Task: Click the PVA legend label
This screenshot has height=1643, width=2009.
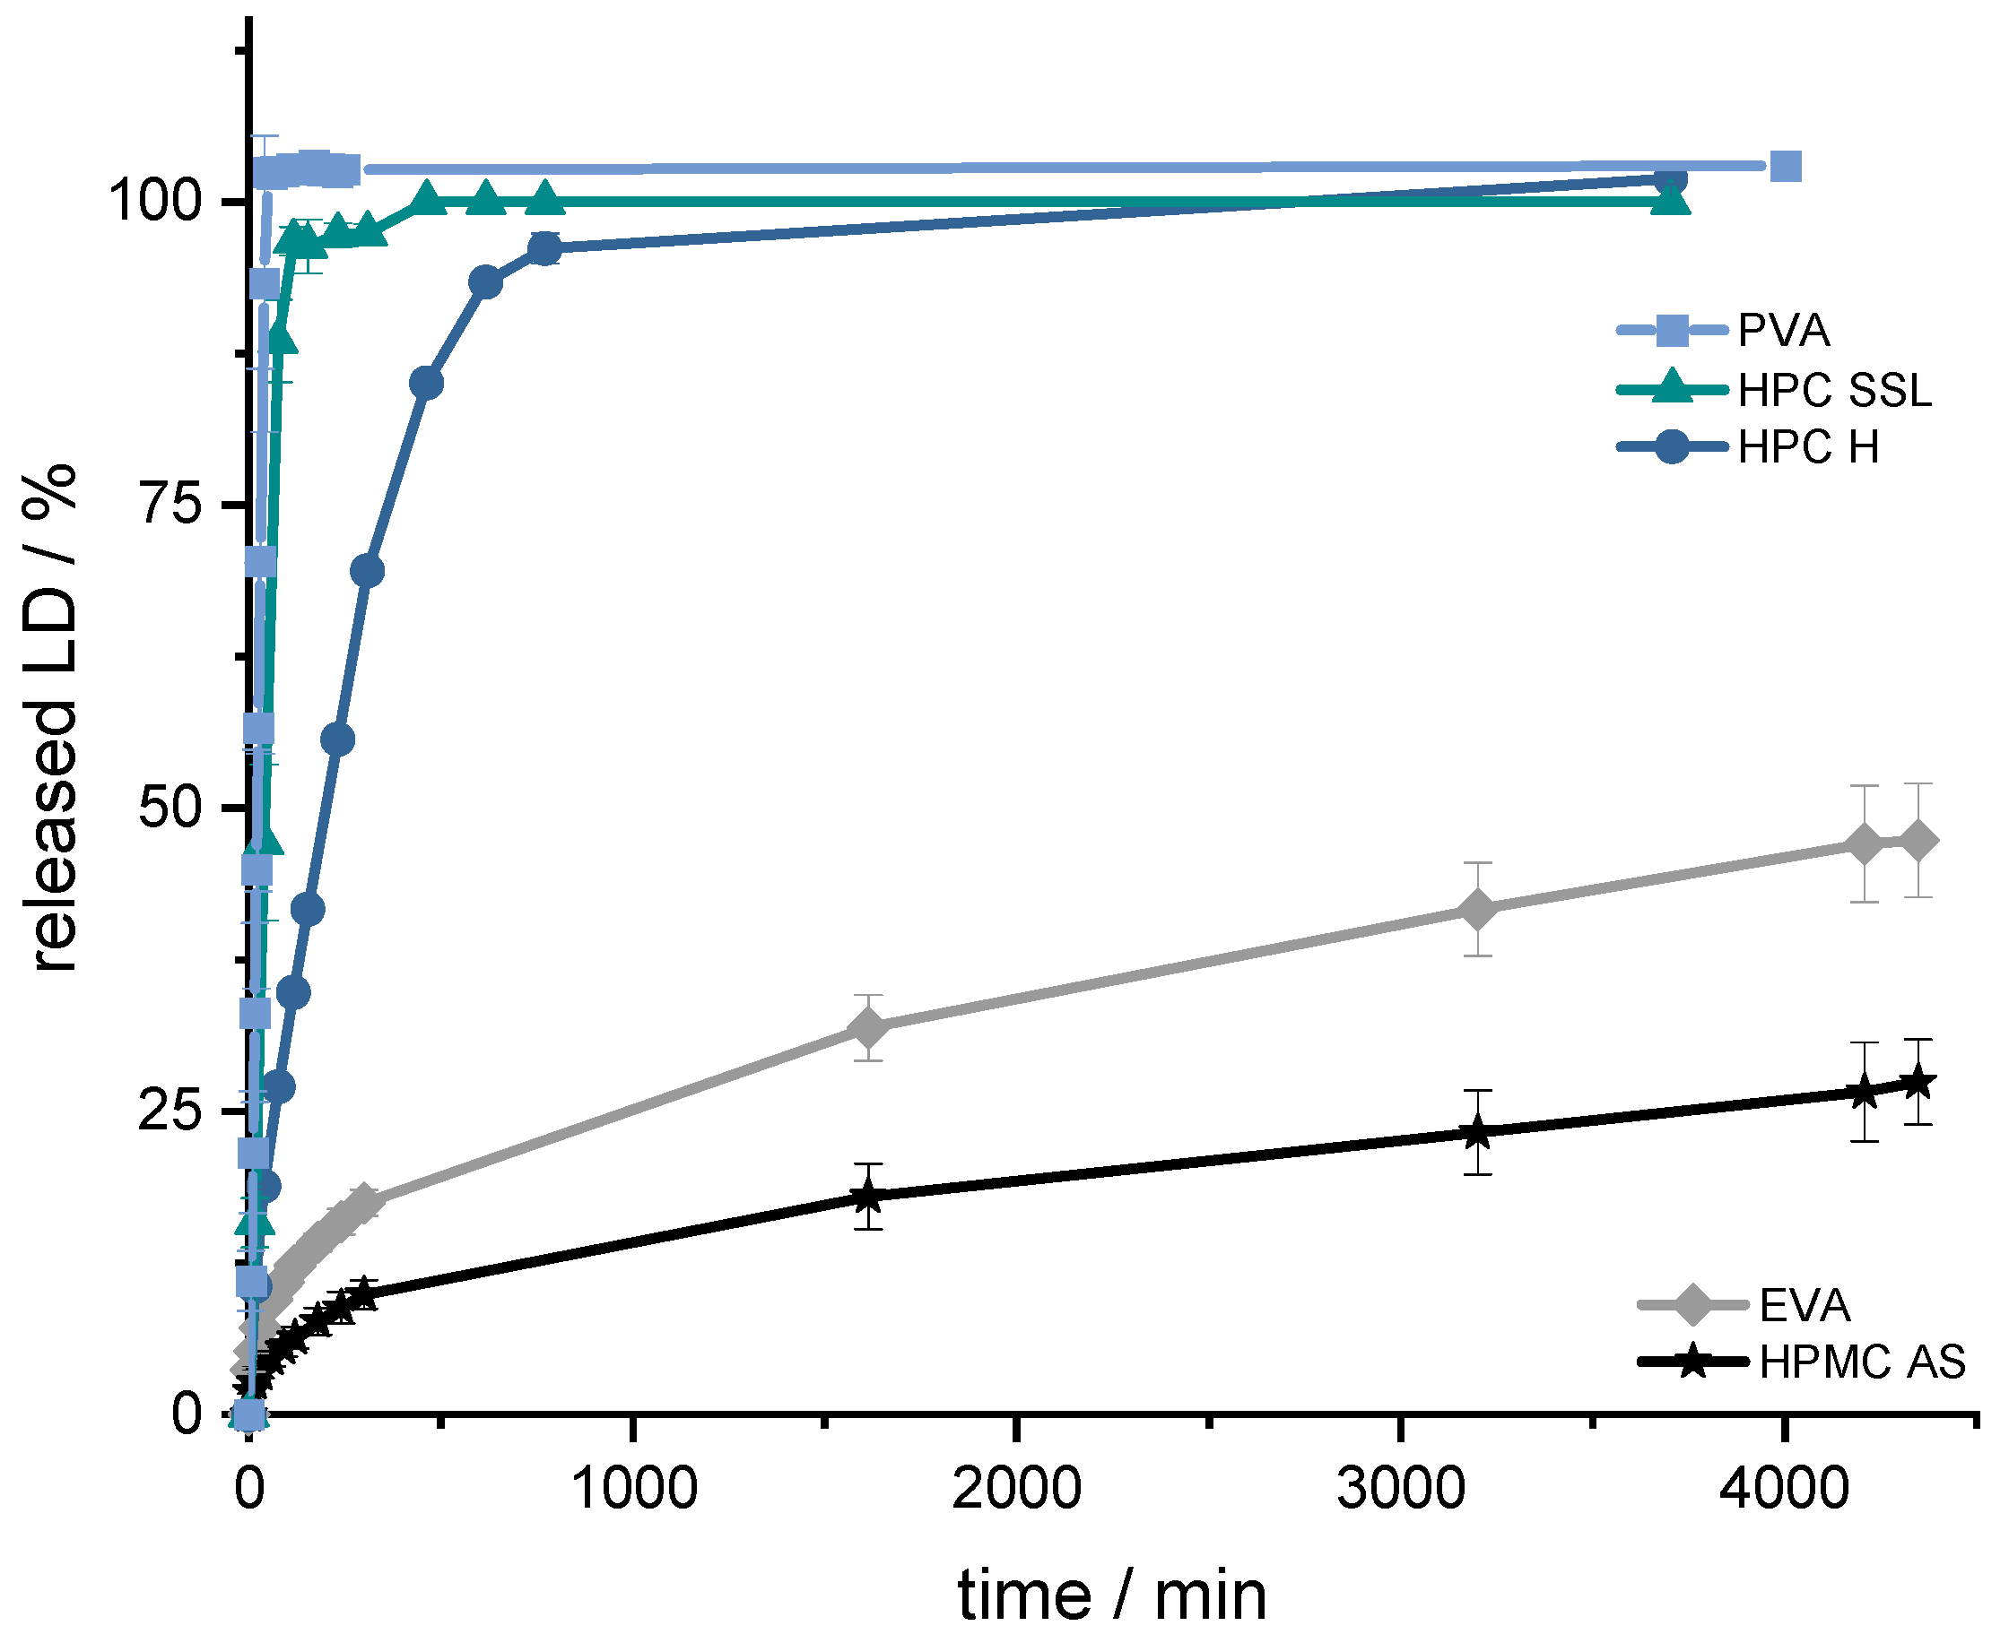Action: (1784, 332)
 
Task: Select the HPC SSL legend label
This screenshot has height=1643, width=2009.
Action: (1835, 390)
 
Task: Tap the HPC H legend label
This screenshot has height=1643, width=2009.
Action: (1808, 447)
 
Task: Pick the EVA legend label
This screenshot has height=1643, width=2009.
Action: (1805, 1306)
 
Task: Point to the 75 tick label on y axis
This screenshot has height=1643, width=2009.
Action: (172, 505)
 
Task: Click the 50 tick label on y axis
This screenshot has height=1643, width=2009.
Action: (171, 809)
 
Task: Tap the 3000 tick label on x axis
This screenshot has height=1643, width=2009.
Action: (1400, 1490)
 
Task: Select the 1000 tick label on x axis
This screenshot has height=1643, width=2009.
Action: (633, 1490)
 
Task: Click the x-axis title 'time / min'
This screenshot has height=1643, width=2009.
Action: (1111, 1596)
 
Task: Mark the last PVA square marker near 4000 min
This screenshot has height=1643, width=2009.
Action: (1785, 167)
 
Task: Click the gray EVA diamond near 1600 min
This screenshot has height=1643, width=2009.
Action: (868, 1028)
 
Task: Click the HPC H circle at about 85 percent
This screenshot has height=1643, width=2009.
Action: (427, 384)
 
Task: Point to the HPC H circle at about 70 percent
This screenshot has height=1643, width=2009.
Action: (368, 572)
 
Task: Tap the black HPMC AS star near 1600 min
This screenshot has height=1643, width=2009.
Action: (868, 1198)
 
